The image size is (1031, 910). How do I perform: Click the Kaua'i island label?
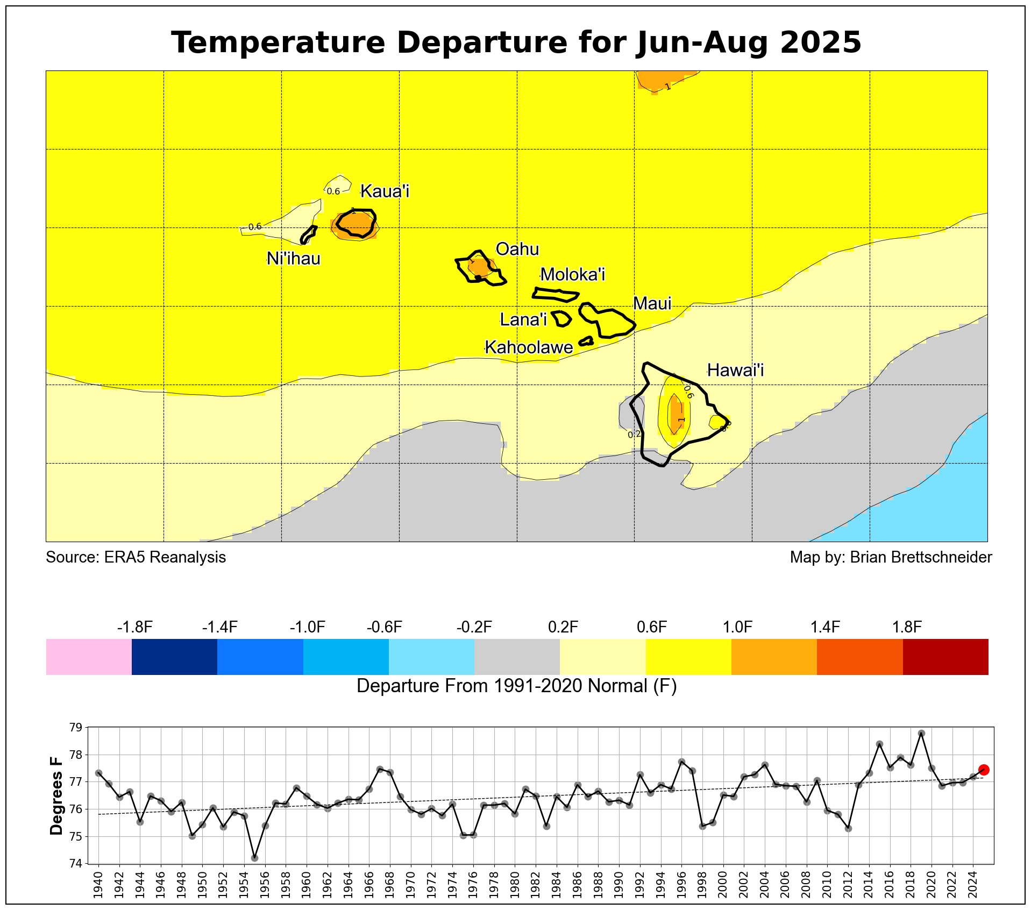click(385, 191)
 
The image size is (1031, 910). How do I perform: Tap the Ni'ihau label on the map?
click(294, 259)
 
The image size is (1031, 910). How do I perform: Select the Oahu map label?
click(517, 249)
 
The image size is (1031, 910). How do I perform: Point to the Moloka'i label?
click(572, 275)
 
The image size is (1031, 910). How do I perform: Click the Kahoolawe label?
click(529, 347)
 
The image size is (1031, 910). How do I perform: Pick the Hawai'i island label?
click(735, 370)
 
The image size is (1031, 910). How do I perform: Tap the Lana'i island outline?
click(561, 318)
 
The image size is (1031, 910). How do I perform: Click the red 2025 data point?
click(984, 770)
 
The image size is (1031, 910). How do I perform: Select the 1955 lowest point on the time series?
click(254, 858)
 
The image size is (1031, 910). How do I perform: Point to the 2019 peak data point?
click(921, 733)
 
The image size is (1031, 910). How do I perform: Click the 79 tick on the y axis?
click(76, 728)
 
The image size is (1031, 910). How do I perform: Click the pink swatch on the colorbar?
click(89, 657)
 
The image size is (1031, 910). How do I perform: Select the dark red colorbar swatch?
click(945, 657)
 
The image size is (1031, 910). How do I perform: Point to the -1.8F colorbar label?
click(134, 627)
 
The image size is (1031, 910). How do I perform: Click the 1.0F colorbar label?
click(737, 627)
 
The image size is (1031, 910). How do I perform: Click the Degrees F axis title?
click(56, 796)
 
